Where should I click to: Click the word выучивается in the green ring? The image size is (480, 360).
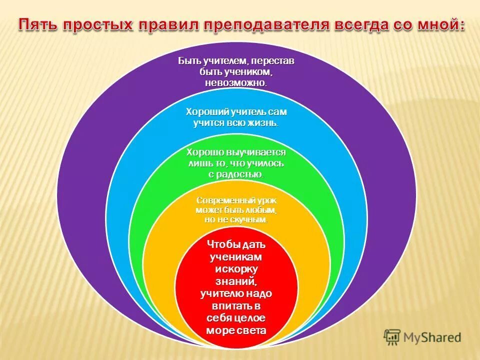coord(255,152)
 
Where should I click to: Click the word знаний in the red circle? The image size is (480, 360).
coord(236,281)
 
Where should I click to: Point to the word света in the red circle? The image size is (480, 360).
coord(252,330)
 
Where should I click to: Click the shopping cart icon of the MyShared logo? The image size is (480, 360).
coord(392,337)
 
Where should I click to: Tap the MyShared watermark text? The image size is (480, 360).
coord(433,338)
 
